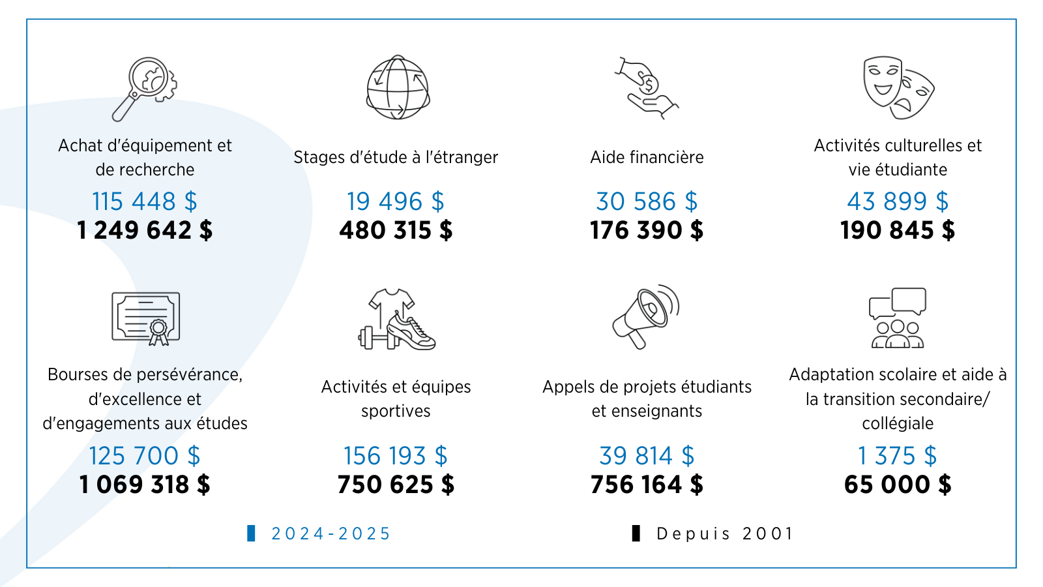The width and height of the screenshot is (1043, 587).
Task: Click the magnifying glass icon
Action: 145,88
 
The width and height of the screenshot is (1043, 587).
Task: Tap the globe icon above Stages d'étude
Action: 398,87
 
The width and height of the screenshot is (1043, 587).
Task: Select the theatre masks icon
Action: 898,87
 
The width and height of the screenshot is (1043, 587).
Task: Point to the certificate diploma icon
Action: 145,318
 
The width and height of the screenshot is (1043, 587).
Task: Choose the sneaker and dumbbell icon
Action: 396,319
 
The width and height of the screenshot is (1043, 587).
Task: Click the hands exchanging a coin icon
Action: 646,88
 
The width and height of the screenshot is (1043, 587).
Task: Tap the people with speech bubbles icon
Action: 898,318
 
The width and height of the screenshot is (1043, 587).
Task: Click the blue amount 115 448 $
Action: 145,202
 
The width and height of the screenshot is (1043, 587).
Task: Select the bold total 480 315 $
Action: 396,230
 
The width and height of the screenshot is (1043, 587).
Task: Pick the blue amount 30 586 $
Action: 647,202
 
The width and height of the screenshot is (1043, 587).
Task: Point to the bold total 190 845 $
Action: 898,230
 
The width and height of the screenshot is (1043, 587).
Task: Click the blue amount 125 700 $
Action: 145,456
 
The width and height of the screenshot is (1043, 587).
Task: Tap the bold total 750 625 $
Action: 396,485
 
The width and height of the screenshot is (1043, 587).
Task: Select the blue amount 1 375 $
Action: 898,456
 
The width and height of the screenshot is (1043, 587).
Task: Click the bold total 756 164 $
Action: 647,485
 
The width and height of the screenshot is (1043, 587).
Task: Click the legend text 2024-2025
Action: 331,534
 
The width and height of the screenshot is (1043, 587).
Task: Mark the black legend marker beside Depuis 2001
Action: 636,534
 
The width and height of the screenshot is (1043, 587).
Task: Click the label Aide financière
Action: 647,157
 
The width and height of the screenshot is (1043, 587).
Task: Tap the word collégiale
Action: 898,423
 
